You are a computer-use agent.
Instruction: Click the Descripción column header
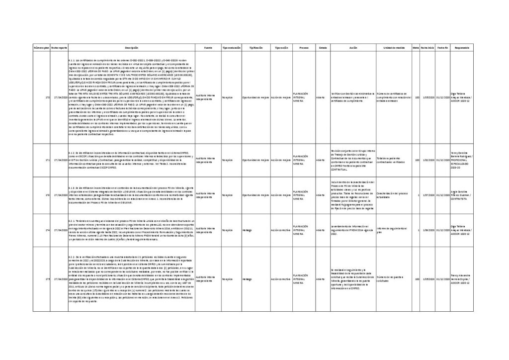coord(131,47)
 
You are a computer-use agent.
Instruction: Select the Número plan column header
coord(41,47)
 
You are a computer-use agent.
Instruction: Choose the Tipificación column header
coord(255,47)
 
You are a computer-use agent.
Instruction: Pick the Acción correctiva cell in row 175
coord(281,279)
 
